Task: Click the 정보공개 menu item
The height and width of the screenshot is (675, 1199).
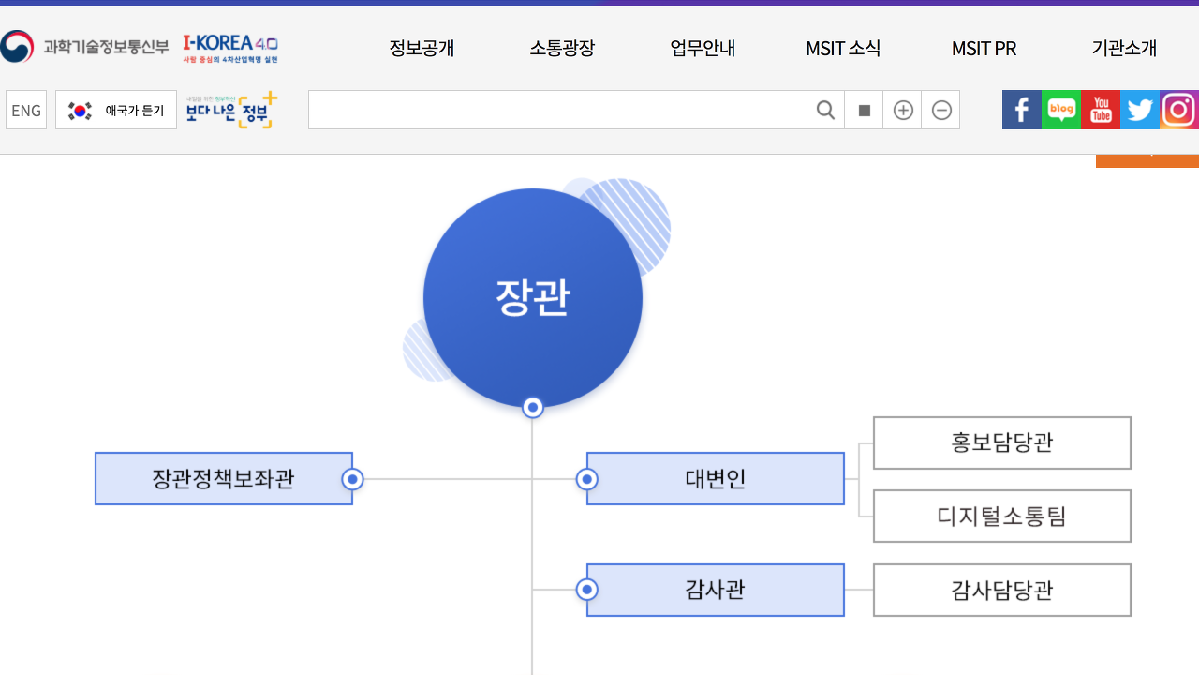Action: coord(422,49)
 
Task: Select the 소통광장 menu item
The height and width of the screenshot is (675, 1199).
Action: coord(562,49)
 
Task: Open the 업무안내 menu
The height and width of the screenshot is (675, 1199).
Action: coord(703,49)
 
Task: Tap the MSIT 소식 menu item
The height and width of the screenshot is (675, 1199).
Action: coord(843,49)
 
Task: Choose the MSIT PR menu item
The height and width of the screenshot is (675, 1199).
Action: coord(984,49)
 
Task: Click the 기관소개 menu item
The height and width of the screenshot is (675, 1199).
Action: coord(1124,49)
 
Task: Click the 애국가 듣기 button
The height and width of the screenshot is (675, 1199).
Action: coord(116,110)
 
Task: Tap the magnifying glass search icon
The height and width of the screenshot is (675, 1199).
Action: coord(825,111)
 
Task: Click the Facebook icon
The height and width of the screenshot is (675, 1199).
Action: coord(1022,110)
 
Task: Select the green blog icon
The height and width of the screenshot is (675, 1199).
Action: coord(1061,110)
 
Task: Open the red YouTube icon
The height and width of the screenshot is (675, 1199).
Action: coord(1101,110)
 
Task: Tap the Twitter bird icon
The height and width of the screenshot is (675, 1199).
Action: coord(1140,110)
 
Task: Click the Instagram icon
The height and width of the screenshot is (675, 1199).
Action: coord(1178,110)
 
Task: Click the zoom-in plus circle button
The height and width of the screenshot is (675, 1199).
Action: coord(903,111)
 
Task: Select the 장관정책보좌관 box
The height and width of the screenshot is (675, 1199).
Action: coord(224,479)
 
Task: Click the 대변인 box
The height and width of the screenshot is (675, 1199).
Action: coord(716,479)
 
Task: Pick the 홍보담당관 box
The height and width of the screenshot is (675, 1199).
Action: coord(1002,442)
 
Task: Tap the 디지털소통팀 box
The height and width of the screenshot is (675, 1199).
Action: coord(1002,516)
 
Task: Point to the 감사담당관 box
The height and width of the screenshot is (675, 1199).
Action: coord(1002,590)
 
